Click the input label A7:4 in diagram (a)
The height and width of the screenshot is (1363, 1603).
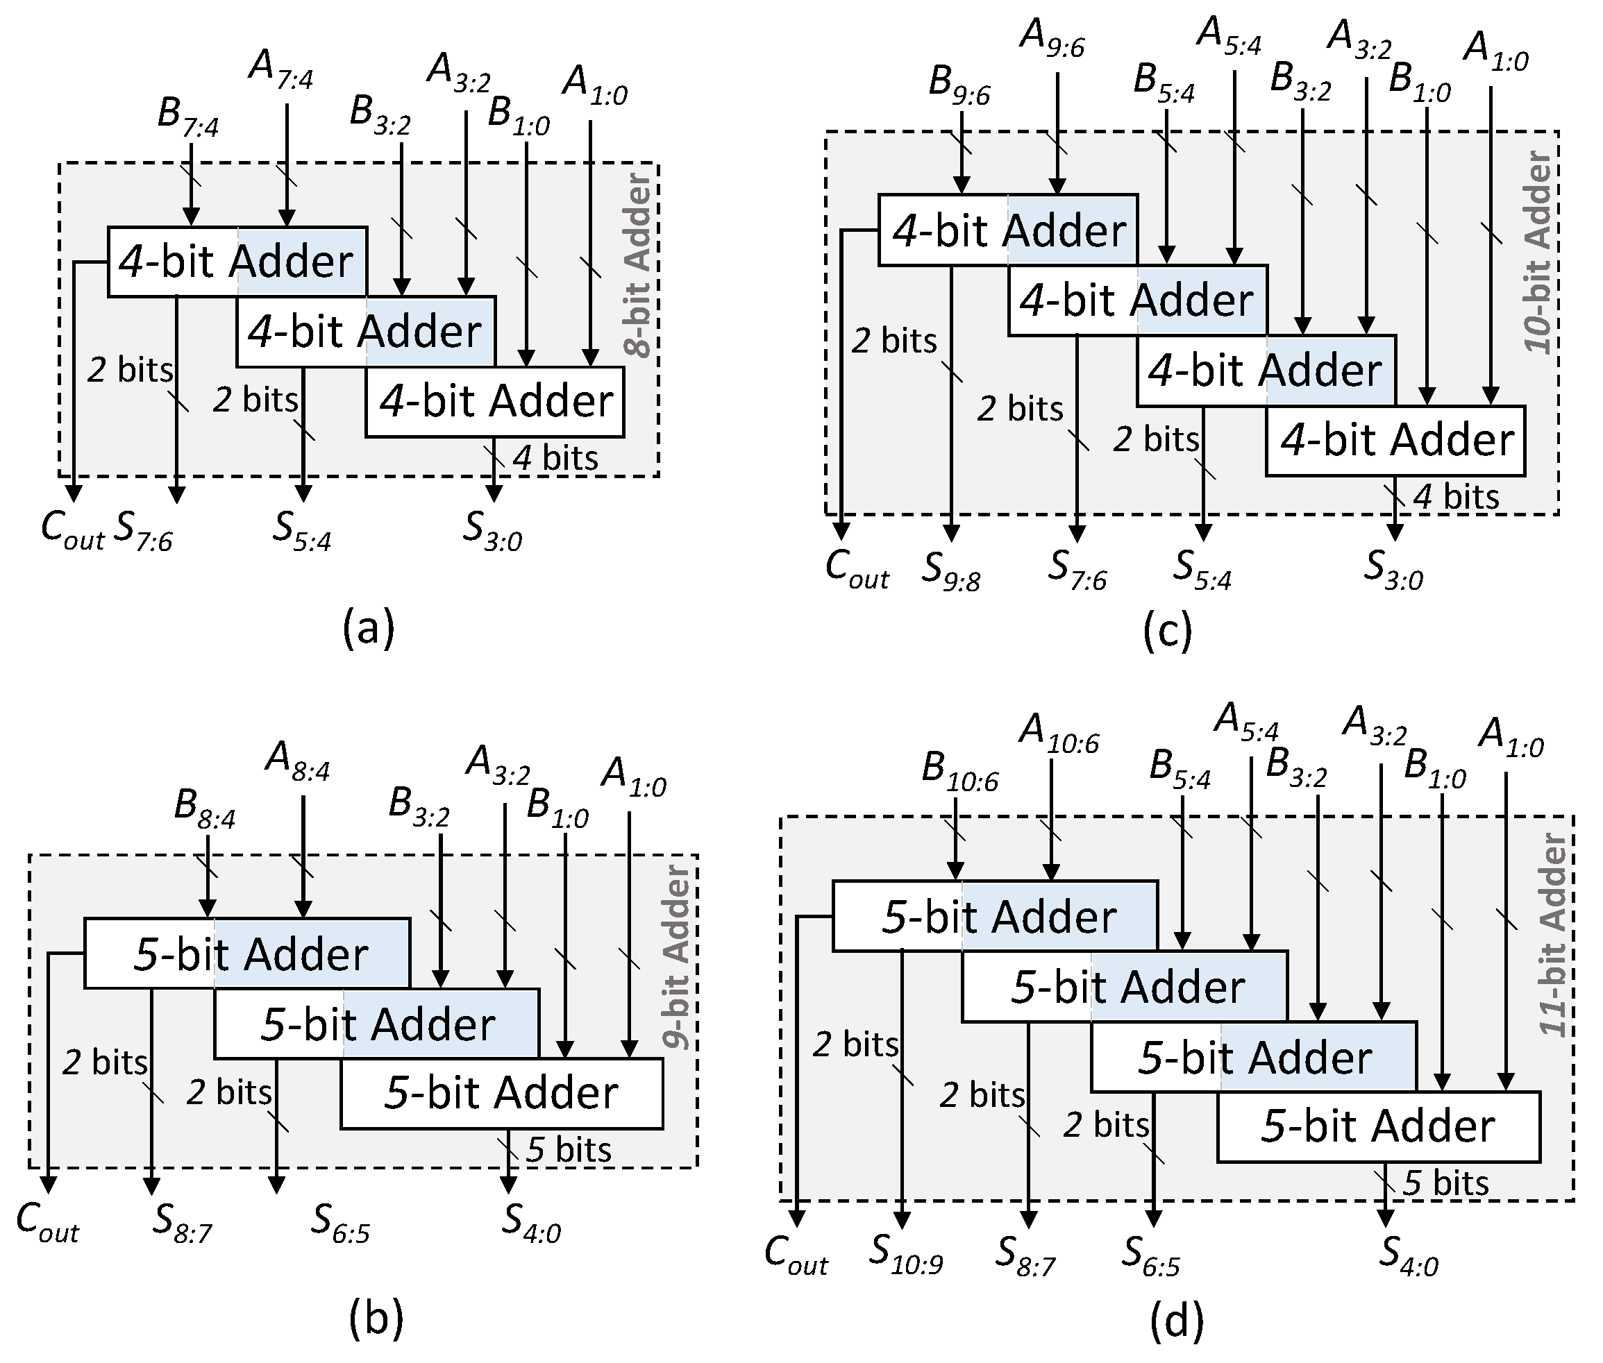tap(281, 69)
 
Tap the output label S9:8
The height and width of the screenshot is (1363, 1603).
tap(951, 573)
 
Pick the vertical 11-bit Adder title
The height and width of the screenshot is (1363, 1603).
tap(1552, 935)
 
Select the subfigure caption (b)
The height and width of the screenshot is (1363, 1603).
tap(376, 1320)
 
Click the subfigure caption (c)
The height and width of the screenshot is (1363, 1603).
tap(1167, 631)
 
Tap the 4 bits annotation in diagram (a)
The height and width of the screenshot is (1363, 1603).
tap(555, 457)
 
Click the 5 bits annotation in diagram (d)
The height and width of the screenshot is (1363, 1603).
tap(1445, 1183)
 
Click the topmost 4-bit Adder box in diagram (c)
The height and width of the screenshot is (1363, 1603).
tap(1007, 230)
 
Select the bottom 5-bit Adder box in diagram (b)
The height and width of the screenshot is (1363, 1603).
tap(502, 1093)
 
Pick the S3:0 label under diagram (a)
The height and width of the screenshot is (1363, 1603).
tap(492, 532)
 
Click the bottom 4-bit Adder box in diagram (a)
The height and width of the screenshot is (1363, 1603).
tap(495, 402)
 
